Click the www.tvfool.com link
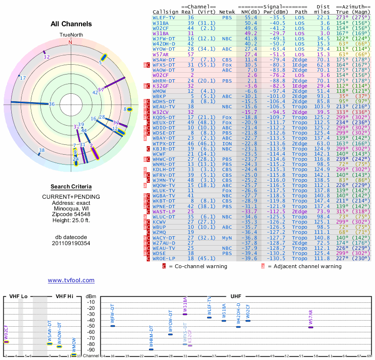(x=71, y=280)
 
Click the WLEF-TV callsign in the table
(x=164, y=17)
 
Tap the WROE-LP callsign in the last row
(x=164, y=258)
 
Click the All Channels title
(x=71, y=24)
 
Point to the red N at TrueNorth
(x=70, y=42)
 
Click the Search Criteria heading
(x=71, y=187)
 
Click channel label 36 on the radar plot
(x=52, y=104)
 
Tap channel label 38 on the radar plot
(x=42, y=150)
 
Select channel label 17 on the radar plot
(x=22, y=78)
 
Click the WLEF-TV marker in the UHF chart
(x=209, y=317)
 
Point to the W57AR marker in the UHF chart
(x=310, y=327)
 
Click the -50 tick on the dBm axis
(x=91, y=326)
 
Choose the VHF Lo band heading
(x=18, y=296)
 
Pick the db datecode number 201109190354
(x=71, y=243)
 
